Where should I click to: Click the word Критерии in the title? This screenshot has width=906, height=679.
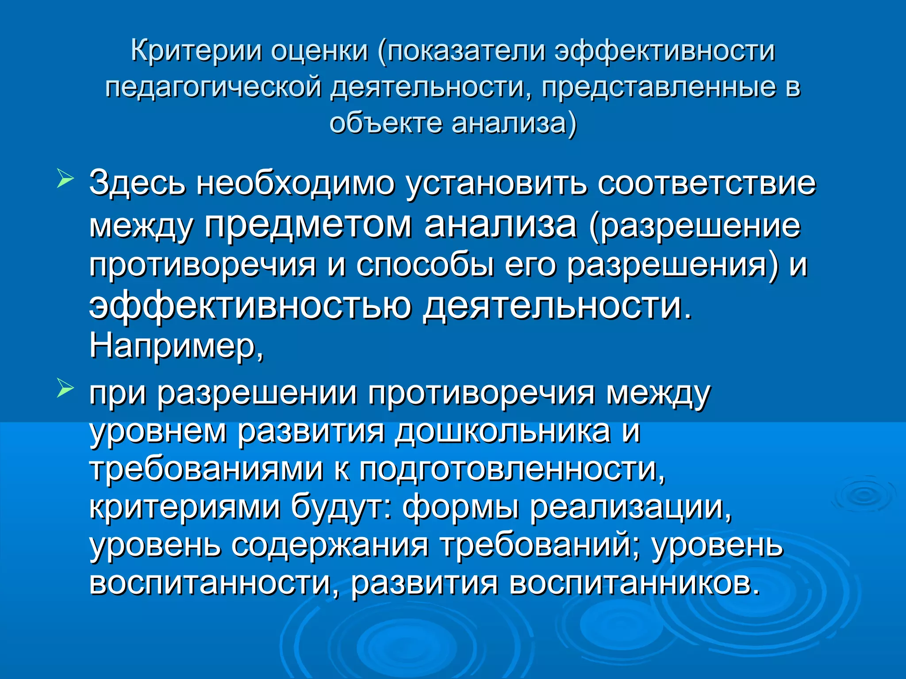(x=195, y=51)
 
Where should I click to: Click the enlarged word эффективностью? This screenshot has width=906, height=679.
(x=250, y=306)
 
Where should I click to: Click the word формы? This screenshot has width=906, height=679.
(x=460, y=507)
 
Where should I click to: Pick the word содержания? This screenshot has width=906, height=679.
(x=330, y=545)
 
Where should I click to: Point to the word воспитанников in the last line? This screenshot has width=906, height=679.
(x=633, y=583)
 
